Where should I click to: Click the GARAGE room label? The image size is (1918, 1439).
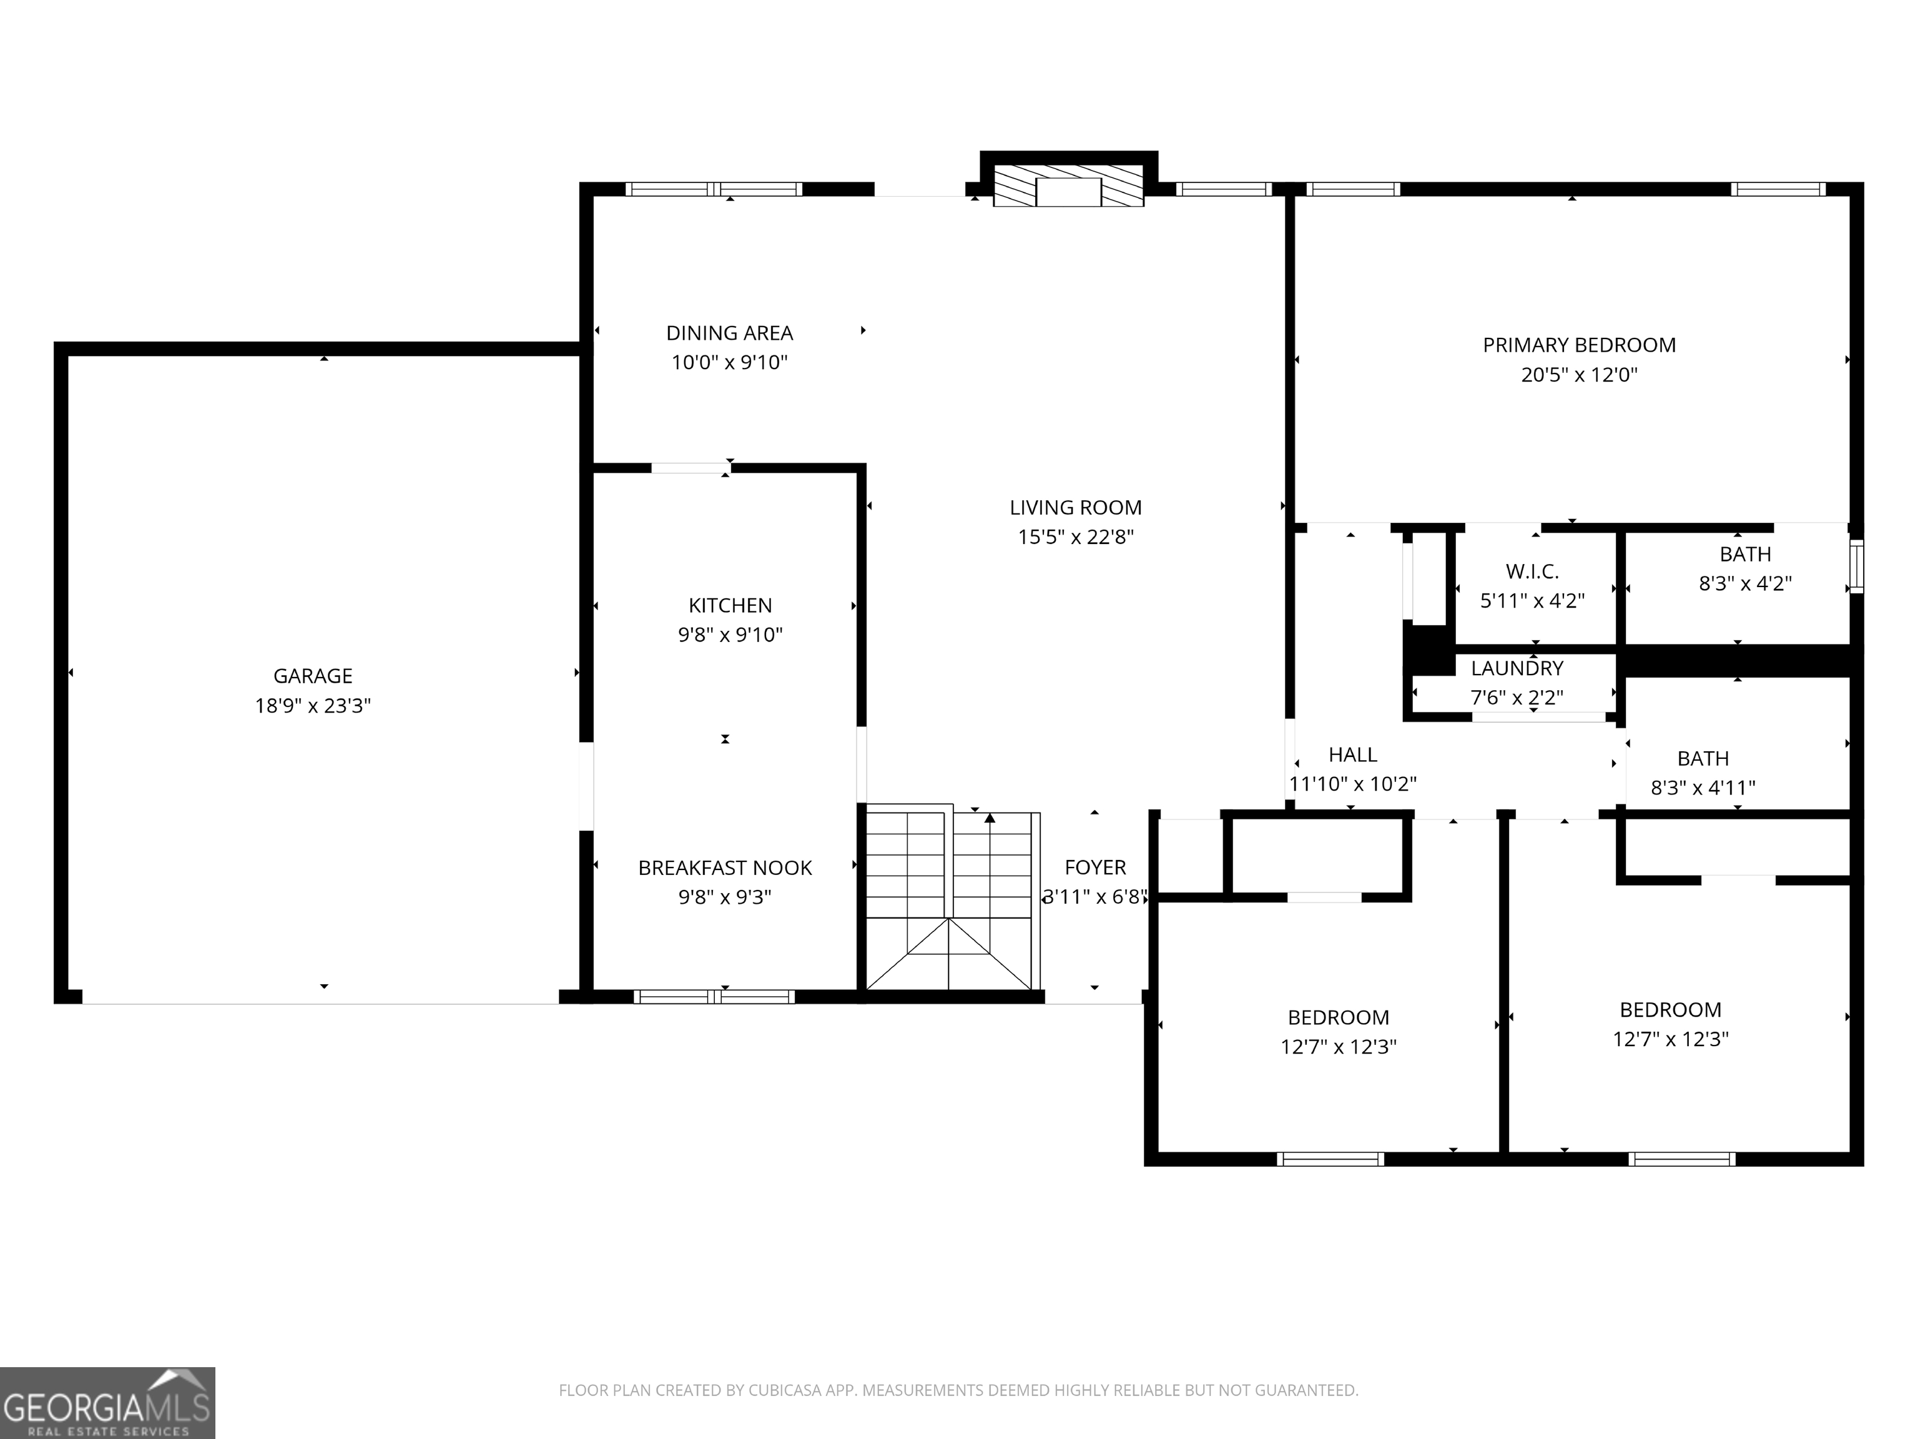(x=312, y=676)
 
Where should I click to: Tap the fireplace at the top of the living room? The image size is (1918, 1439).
(x=1068, y=185)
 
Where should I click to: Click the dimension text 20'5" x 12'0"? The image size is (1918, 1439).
(x=1579, y=375)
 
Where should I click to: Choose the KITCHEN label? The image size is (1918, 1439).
(x=730, y=605)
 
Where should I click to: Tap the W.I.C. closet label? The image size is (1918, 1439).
(x=1532, y=571)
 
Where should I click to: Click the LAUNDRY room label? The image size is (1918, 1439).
(x=1517, y=669)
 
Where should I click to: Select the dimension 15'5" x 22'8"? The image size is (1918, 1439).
(x=1075, y=537)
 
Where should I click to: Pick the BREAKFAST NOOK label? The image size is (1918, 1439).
(x=725, y=868)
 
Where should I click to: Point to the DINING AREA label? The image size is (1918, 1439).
(x=729, y=333)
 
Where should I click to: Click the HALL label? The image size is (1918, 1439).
(x=1353, y=754)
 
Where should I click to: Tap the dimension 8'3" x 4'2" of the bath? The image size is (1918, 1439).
(x=1744, y=584)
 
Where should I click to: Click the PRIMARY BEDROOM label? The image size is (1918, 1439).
(x=1579, y=345)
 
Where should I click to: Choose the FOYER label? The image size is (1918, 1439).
(x=1095, y=868)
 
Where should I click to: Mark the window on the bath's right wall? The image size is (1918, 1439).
(x=1856, y=566)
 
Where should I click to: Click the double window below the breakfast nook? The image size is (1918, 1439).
(x=714, y=997)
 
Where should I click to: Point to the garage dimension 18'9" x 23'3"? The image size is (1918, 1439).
(x=312, y=706)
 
